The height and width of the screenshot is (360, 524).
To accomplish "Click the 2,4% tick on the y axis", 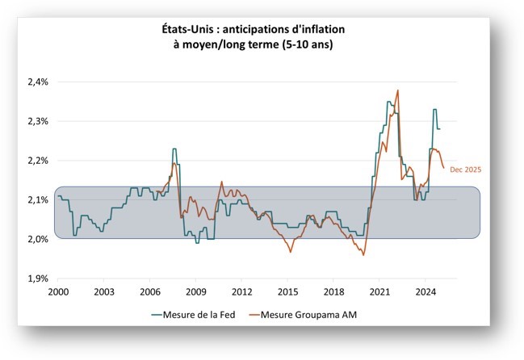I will click(x=38, y=82).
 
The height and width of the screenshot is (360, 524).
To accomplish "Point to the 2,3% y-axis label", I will click(x=38, y=121).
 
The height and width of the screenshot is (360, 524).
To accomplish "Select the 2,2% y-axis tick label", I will click(x=38, y=161).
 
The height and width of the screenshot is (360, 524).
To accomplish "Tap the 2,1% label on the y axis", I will click(x=38, y=200).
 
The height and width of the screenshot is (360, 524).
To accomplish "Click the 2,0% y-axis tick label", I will click(x=38, y=239).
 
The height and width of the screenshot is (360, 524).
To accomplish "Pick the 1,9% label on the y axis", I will click(x=38, y=278).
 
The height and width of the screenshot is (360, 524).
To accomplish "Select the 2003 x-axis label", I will click(x=103, y=291).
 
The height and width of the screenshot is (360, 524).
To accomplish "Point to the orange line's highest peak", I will click(x=398, y=90).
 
